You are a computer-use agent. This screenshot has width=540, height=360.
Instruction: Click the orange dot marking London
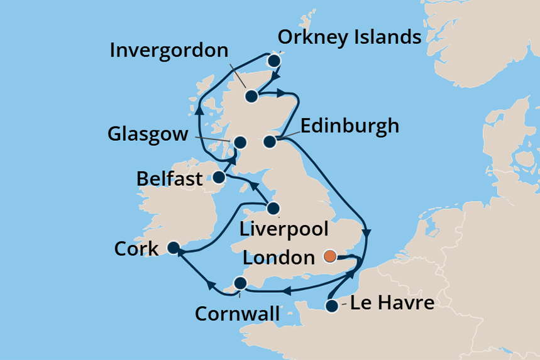[x=329, y=256]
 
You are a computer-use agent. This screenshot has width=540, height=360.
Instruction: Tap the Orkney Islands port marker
[x=273, y=61]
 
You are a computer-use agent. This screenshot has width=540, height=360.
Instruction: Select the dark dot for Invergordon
[x=251, y=96]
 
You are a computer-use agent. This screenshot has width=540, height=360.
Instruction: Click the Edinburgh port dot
[x=270, y=141]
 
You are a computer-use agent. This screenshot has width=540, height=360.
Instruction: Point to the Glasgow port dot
[x=240, y=141]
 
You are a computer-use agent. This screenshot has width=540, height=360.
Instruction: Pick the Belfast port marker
[x=219, y=177]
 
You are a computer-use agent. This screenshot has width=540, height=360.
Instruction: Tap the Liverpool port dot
[x=273, y=208]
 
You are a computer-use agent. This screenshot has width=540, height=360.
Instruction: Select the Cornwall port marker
[x=240, y=283]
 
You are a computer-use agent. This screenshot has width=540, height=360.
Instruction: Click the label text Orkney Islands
[x=350, y=37]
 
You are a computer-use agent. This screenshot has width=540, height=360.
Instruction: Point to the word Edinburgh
[x=350, y=126]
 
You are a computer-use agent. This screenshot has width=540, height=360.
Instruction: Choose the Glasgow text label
[x=148, y=134]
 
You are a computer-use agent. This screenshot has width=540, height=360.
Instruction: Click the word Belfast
[x=170, y=179]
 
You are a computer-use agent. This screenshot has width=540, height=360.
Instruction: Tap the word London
[x=278, y=258]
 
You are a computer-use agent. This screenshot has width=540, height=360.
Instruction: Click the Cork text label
[x=136, y=249]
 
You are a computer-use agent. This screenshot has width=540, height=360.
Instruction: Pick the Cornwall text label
[x=237, y=312]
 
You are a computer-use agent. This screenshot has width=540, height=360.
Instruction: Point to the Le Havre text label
[x=392, y=303]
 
